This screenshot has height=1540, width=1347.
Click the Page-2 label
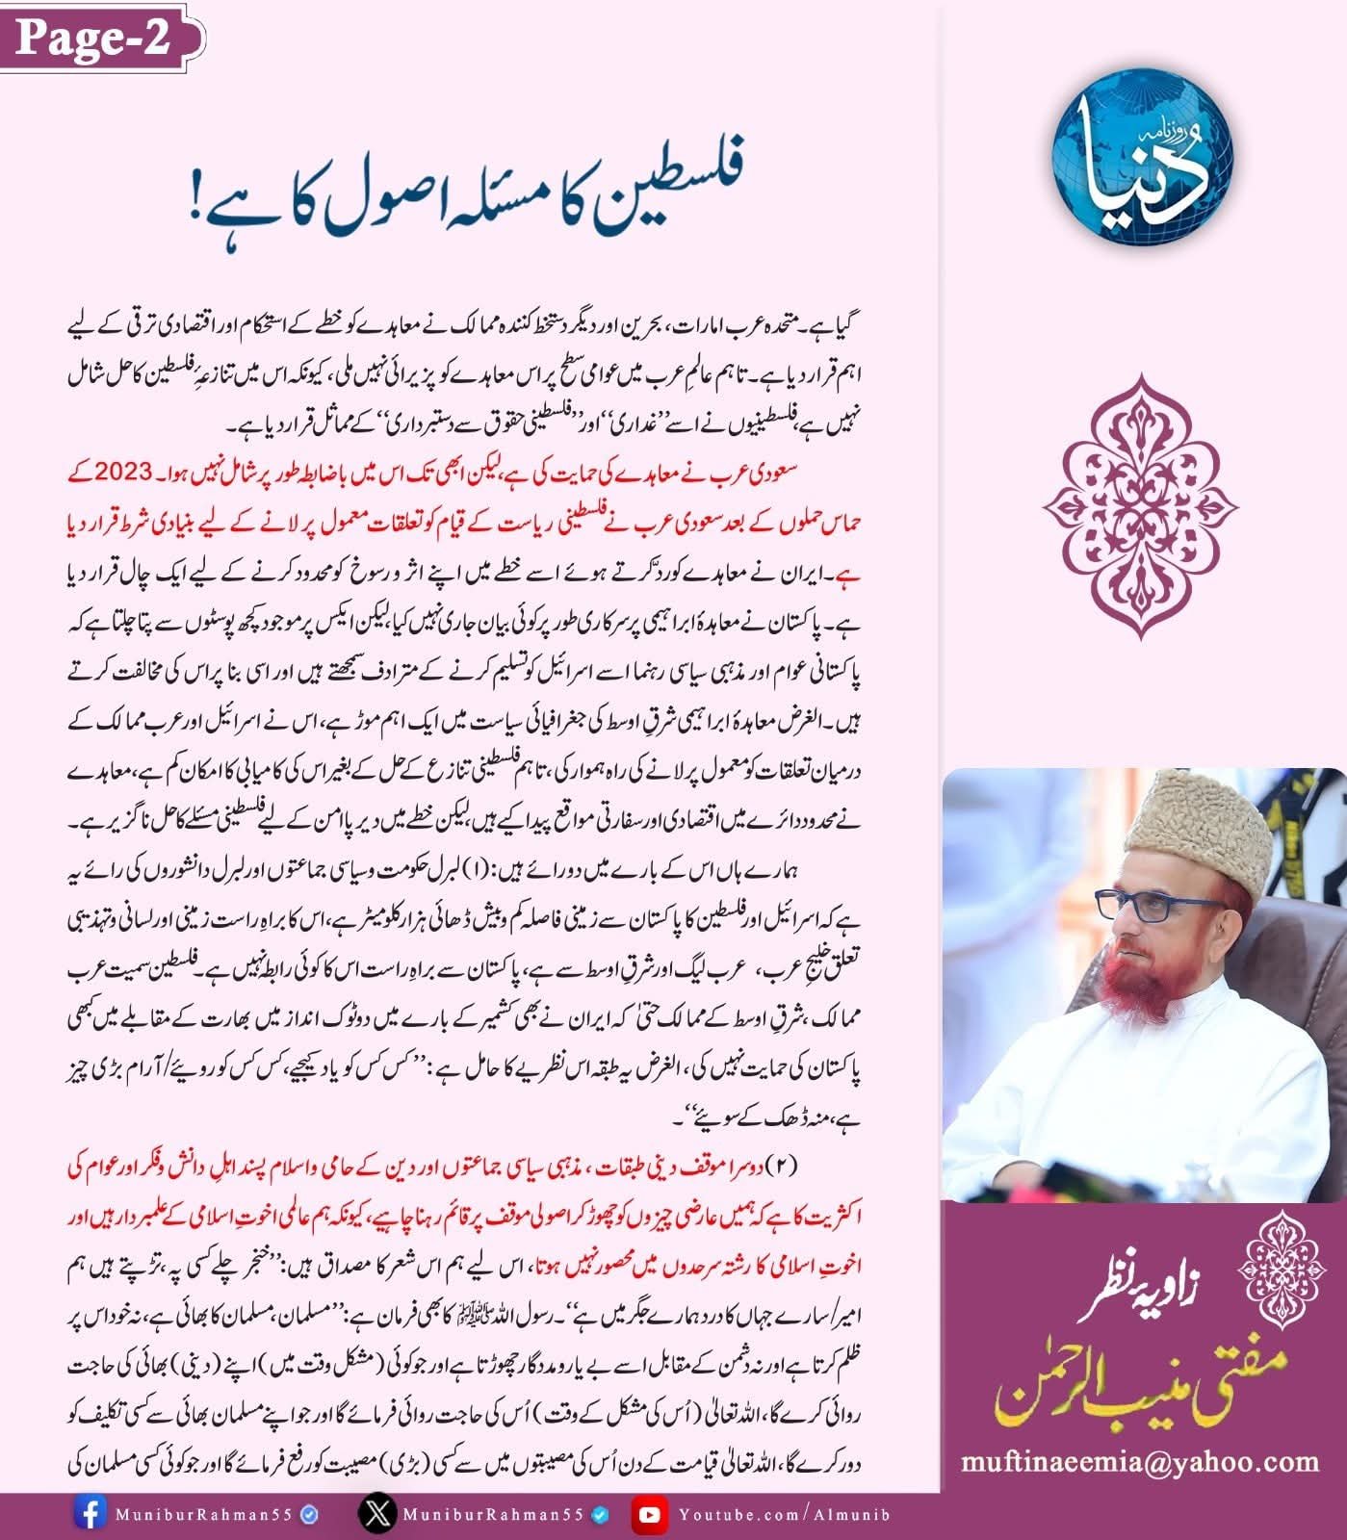coord(93,38)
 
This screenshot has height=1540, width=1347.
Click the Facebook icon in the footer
coord(90,1514)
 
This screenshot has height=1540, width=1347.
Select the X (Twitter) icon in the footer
coord(377,1514)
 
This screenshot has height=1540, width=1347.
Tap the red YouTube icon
coord(650,1514)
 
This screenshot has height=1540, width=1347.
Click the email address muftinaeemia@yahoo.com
coord(1140,1462)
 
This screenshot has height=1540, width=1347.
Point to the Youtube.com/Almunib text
coord(785,1514)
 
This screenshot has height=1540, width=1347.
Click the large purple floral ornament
coord(1141,507)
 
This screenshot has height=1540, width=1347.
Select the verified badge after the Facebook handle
coord(310,1514)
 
